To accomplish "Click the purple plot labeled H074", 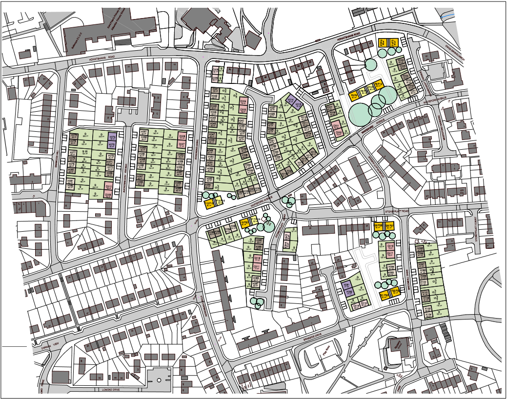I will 111,138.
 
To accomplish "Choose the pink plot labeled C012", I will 258,258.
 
